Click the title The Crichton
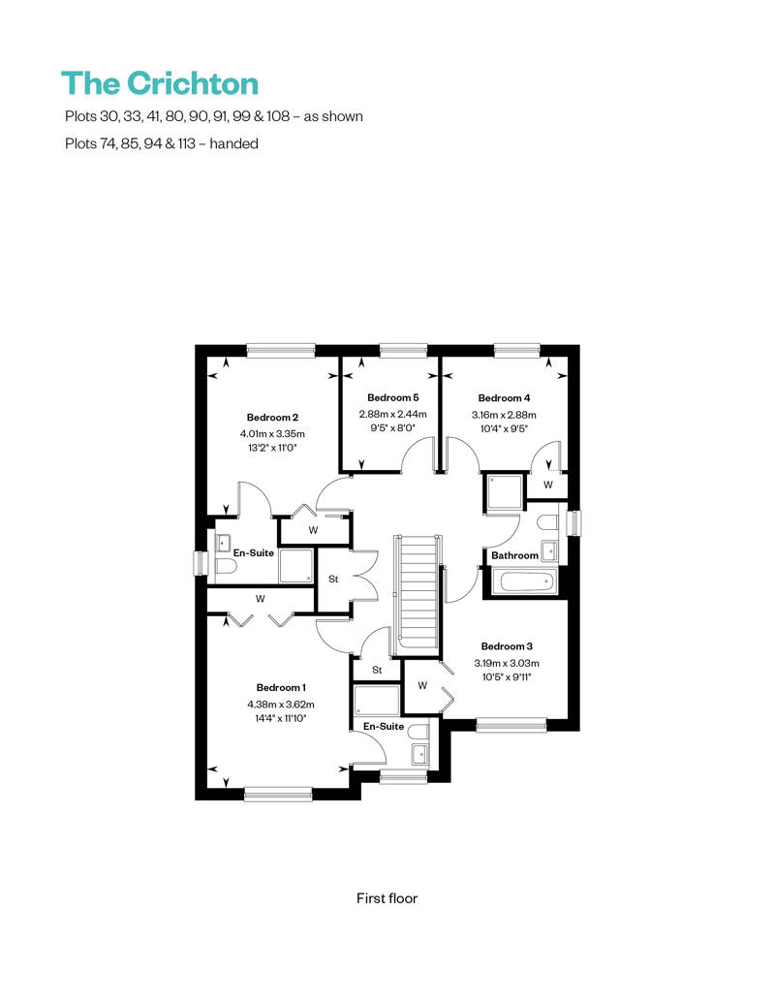(x=160, y=84)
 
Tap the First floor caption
(x=387, y=898)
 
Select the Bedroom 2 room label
(x=272, y=418)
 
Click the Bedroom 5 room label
(x=393, y=397)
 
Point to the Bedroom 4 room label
(x=505, y=398)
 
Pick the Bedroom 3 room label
(x=507, y=646)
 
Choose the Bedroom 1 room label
(x=281, y=688)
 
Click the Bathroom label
(x=514, y=556)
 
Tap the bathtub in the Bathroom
(x=527, y=582)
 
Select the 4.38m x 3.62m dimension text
(x=281, y=705)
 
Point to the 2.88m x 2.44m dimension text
(x=393, y=414)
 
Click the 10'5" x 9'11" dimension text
(x=507, y=676)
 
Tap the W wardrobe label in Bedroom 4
(x=547, y=485)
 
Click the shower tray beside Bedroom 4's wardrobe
(x=505, y=492)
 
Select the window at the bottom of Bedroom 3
(x=511, y=725)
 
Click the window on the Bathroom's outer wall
(x=575, y=522)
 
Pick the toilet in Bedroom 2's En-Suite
(x=226, y=566)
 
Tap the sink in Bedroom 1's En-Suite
(x=419, y=754)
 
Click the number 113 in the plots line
(x=186, y=143)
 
